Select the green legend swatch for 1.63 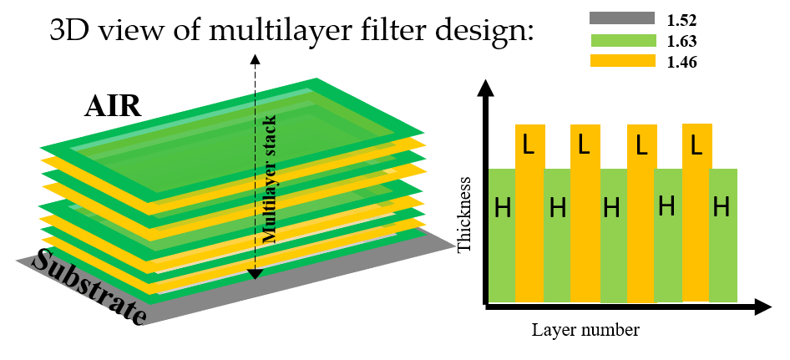click(x=622, y=39)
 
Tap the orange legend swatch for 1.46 click(x=622, y=60)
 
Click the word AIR click(x=113, y=107)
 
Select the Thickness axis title click(x=466, y=214)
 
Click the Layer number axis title click(x=585, y=329)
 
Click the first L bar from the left click(x=529, y=213)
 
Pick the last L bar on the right click(x=696, y=213)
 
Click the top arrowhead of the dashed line click(x=256, y=58)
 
